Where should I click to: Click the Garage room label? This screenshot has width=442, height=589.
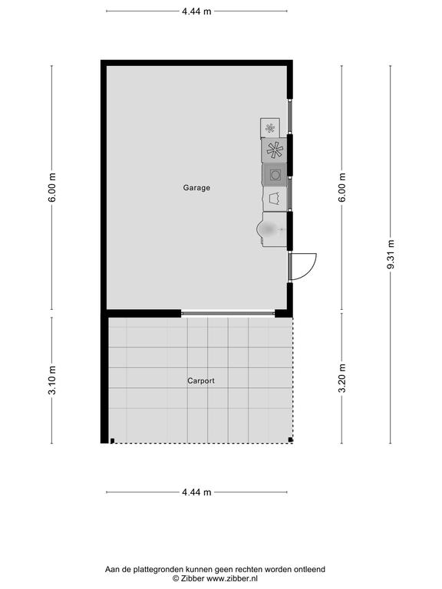point(196,187)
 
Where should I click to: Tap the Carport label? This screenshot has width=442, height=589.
point(201,380)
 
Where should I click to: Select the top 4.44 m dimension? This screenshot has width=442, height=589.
point(196,12)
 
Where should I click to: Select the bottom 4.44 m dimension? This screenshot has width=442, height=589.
point(196,492)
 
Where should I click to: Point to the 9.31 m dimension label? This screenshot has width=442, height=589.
point(391,255)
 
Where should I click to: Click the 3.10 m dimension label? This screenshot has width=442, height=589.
point(52,380)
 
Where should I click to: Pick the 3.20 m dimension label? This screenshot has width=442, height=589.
point(341,378)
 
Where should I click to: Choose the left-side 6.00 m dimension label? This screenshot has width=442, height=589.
point(52,187)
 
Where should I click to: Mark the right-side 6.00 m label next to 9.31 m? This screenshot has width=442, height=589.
point(341,187)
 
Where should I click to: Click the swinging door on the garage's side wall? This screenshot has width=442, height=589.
point(302,267)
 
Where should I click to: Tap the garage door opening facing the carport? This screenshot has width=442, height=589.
point(228,313)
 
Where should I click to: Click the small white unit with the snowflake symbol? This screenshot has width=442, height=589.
point(270,128)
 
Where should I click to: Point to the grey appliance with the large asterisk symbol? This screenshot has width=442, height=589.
point(275,150)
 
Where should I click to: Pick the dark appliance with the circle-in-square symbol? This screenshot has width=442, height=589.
point(275,175)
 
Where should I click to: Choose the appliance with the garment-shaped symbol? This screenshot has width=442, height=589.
point(275,199)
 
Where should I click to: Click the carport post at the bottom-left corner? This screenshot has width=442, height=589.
point(112,441)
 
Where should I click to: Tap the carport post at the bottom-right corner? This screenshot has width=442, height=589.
point(290,440)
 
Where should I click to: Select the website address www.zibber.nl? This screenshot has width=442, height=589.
point(232,579)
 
